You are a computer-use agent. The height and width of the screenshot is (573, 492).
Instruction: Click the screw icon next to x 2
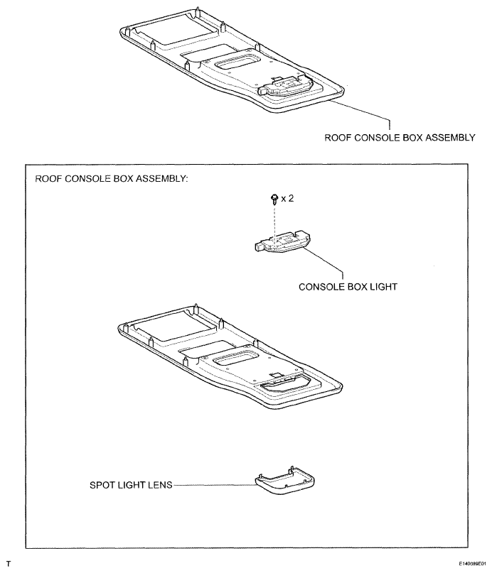tap(274, 201)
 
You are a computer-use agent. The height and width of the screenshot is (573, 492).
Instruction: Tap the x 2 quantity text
tap(287, 200)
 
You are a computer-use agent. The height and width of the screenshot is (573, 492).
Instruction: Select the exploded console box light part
tap(280, 242)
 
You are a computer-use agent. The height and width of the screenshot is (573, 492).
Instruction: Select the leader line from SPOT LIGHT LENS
tap(214, 488)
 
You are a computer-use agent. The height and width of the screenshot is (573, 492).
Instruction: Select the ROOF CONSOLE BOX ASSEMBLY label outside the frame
tap(400, 138)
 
